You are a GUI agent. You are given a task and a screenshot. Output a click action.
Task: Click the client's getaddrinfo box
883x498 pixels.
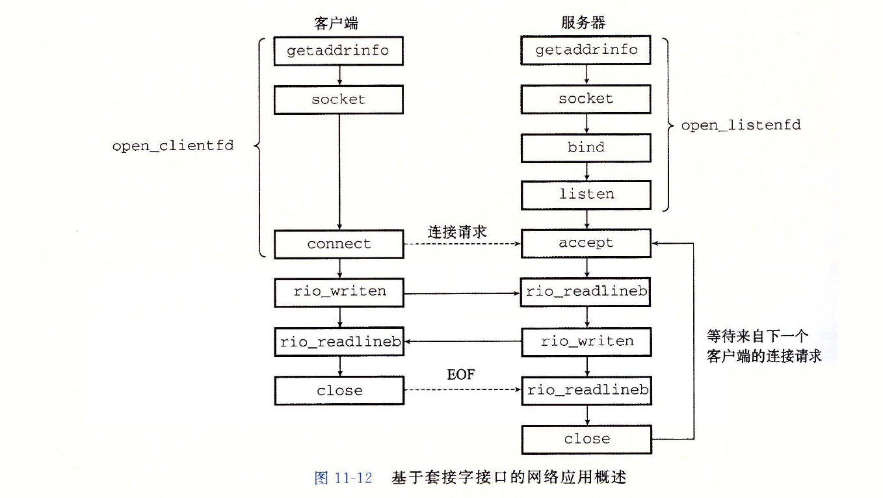point(338,51)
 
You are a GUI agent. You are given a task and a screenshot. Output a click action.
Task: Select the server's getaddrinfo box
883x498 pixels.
point(586,50)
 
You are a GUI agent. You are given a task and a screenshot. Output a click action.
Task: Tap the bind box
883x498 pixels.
point(586,148)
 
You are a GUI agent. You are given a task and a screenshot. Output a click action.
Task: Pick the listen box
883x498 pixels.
point(586,194)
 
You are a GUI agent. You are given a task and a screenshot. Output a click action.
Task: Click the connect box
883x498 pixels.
point(339,244)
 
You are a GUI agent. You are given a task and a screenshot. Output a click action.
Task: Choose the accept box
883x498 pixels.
point(586,243)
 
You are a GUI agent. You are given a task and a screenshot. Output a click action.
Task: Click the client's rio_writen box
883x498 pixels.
point(339,291)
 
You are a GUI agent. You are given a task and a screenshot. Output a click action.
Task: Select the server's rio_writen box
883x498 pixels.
point(586,341)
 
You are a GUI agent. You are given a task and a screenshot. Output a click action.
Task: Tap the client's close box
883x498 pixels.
point(339,391)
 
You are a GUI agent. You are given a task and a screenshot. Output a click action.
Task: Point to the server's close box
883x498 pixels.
point(586,439)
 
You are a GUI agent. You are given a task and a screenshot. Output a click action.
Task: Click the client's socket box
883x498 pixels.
point(338,99)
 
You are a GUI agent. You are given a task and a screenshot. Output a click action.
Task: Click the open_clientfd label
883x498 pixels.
point(172,146)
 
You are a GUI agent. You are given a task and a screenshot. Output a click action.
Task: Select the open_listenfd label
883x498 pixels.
point(741,125)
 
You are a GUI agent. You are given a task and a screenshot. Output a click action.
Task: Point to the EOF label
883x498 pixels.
point(460,375)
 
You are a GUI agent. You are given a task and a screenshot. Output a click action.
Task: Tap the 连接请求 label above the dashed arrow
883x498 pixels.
point(457,231)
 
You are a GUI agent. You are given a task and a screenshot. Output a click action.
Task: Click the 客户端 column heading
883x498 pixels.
point(336,23)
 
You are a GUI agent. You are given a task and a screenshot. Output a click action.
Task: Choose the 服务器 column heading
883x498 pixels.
point(583,23)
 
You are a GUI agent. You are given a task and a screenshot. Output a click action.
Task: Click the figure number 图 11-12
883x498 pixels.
point(343,478)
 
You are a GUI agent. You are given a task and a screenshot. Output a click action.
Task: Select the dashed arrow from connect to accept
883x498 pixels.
point(462,244)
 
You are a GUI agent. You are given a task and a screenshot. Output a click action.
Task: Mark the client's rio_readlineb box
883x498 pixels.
point(339,342)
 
